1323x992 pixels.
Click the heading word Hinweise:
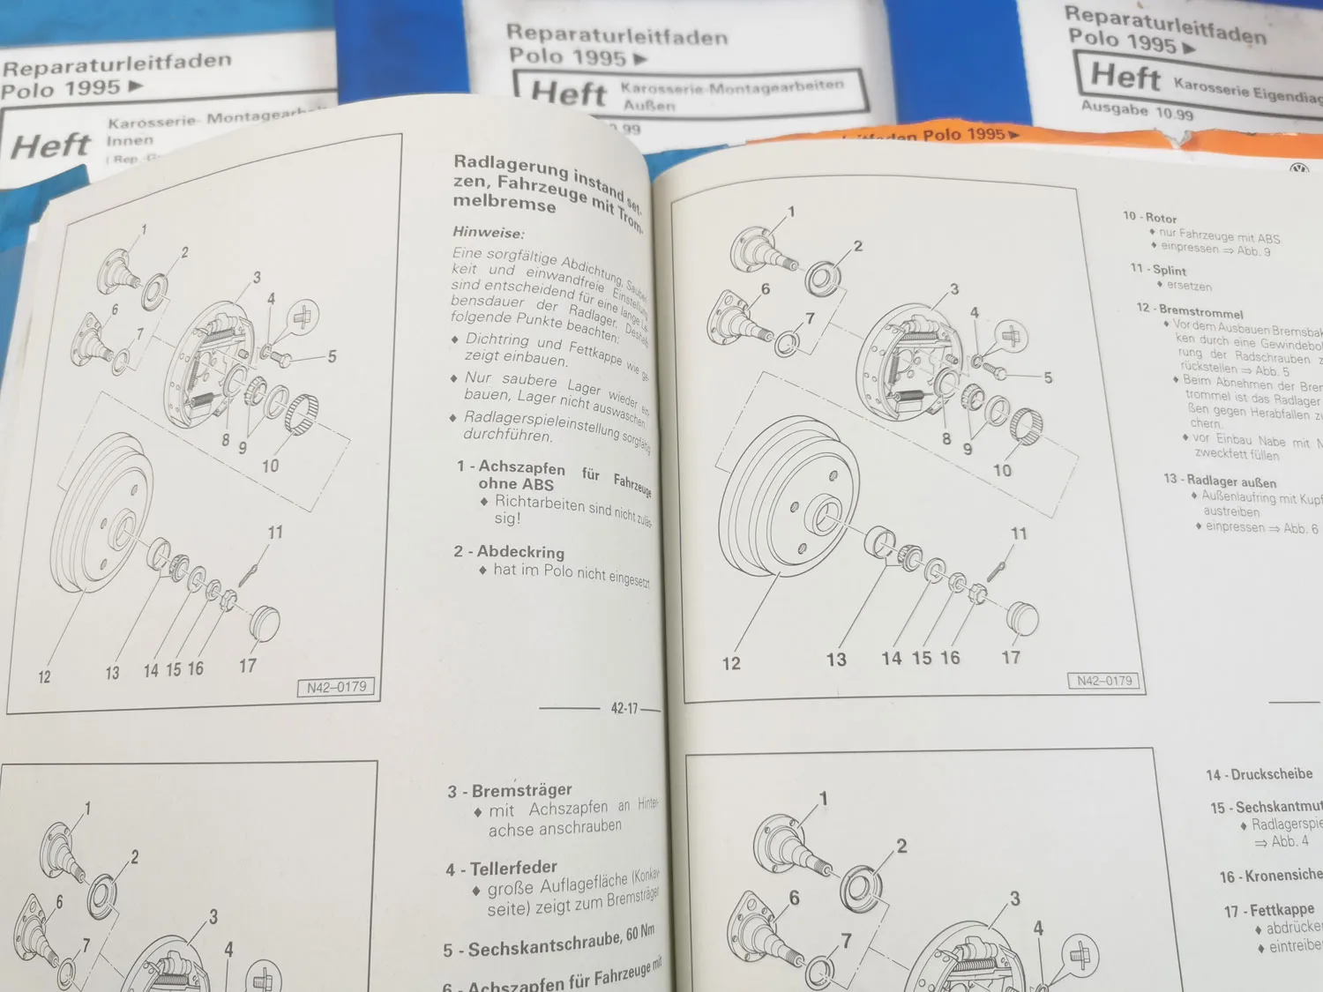[x=488, y=233]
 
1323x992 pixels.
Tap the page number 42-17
[x=624, y=708]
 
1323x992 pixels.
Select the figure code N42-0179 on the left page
[x=336, y=688]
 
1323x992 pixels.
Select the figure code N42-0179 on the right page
[x=1104, y=681]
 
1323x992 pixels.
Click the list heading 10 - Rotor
[x=1150, y=217]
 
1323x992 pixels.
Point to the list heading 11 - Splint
[x=1158, y=270]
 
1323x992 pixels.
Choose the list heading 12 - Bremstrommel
[x=1190, y=310]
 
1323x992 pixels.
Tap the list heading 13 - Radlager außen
[x=1220, y=481]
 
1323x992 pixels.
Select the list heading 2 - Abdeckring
[x=509, y=552]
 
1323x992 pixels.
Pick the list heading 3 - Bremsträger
[x=510, y=791]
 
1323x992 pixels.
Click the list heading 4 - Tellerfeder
[x=501, y=869]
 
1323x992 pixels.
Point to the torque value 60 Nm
[x=640, y=933]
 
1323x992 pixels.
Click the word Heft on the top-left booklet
[x=50, y=145]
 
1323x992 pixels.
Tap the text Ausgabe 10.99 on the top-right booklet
[x=1137, y=110]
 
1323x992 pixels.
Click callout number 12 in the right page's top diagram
[x=731, y=664]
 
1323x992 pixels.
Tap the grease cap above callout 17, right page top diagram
[x=1021, y=617]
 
